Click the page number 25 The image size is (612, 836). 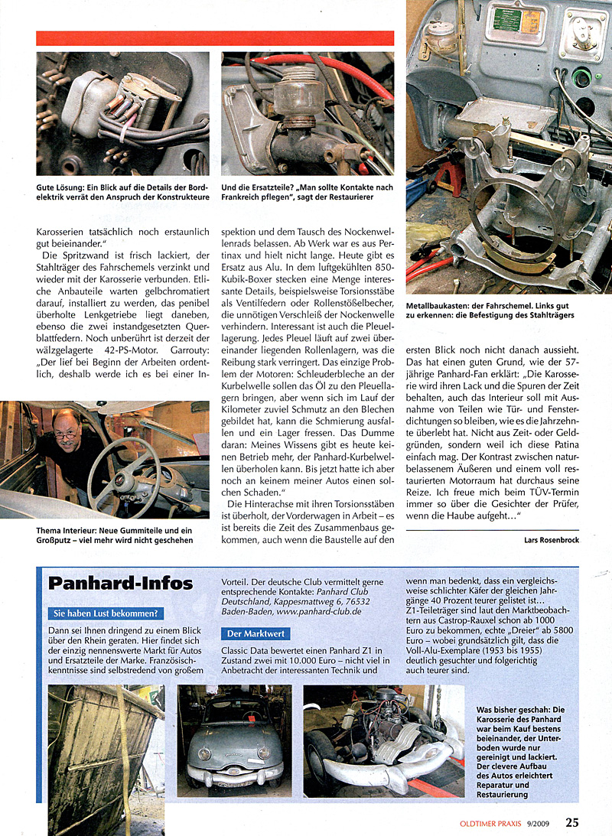[572, 822]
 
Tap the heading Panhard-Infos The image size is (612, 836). [121, 584]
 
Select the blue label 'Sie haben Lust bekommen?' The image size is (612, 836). [106, 613]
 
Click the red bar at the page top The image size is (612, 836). [215, 38]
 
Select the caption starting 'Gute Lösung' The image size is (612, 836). [122, 190]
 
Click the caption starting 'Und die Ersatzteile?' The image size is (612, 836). [307, 190]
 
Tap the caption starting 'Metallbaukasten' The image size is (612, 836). [490, 310]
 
